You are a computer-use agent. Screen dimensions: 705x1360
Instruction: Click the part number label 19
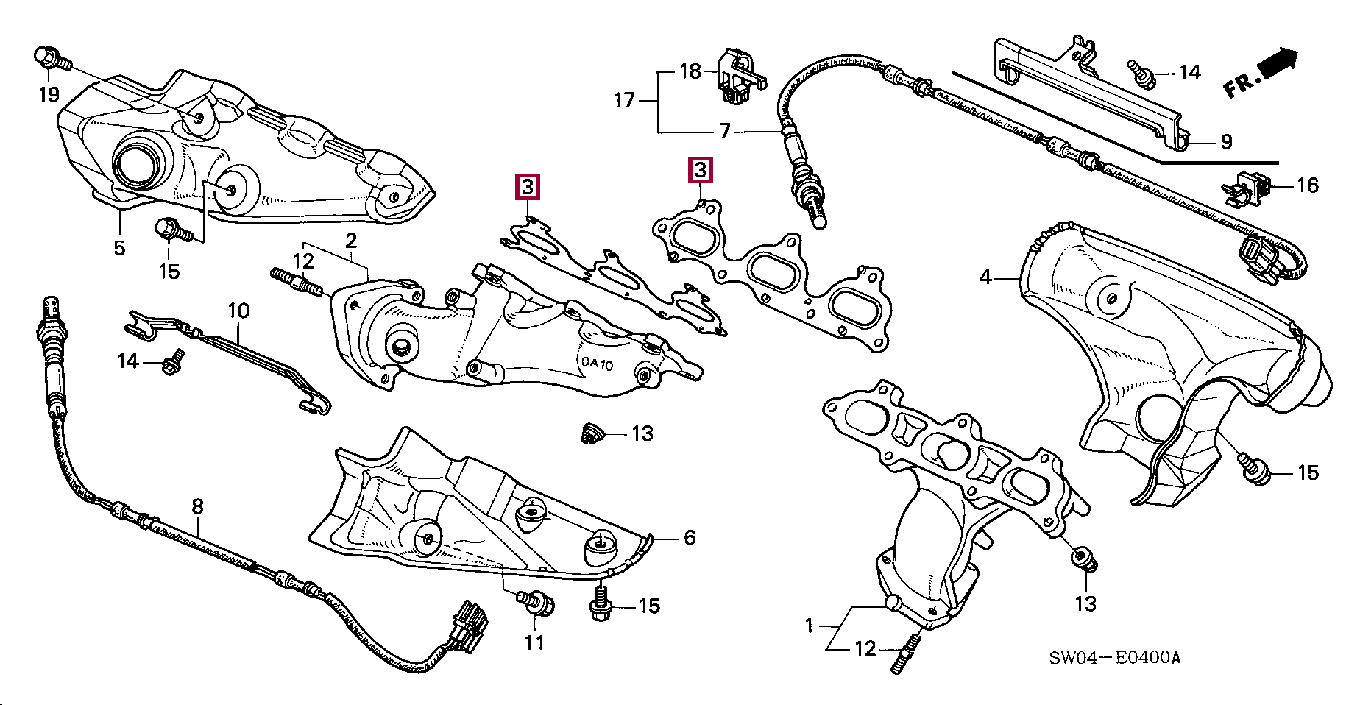(49, 94)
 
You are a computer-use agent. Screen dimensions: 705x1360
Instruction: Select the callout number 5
(119, 248)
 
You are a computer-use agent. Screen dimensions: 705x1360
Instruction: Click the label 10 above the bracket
(238, 311)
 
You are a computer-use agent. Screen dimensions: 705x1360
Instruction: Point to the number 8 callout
(197, 506)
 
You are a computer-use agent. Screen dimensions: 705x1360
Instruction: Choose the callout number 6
(690, 538)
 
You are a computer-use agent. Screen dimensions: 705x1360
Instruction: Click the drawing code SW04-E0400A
(1114, 657)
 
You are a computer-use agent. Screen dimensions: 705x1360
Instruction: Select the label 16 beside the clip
(1307, 185)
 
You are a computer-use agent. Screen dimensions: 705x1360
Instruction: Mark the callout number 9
(1226, 141)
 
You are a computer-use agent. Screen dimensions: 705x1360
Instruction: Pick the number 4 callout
(985, 277)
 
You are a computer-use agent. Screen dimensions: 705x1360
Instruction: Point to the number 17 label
(624, 100)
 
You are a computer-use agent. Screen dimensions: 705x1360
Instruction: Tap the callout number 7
(725, 132)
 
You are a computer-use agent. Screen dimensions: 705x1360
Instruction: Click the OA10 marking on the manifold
(597, 364)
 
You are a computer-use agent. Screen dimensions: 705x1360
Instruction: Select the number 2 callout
(351, 241)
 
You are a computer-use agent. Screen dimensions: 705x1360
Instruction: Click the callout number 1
(809, 626)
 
